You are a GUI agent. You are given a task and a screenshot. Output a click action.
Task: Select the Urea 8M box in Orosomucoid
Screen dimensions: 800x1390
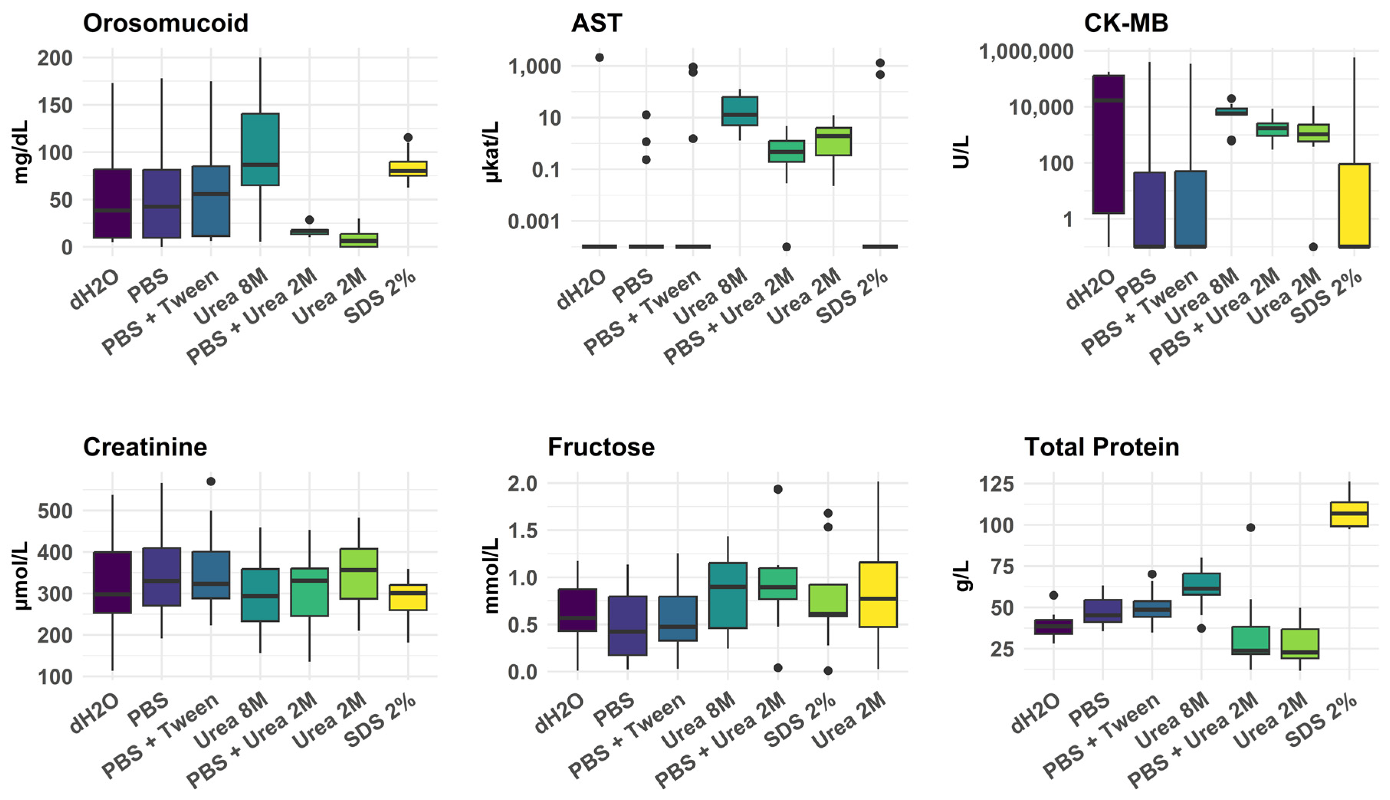(261, 149)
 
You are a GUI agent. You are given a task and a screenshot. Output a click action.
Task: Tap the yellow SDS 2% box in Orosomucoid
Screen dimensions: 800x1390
(408, 169)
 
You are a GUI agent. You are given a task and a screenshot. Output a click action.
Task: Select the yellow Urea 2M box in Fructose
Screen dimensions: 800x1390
(878, 595)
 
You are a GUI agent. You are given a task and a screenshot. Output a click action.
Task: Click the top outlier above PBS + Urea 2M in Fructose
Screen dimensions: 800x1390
(778, 489)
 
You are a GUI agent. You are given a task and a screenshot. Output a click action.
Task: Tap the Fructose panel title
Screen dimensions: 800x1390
(601, 447)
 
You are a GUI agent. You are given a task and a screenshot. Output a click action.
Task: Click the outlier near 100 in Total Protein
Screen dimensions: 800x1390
(1251, 528)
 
